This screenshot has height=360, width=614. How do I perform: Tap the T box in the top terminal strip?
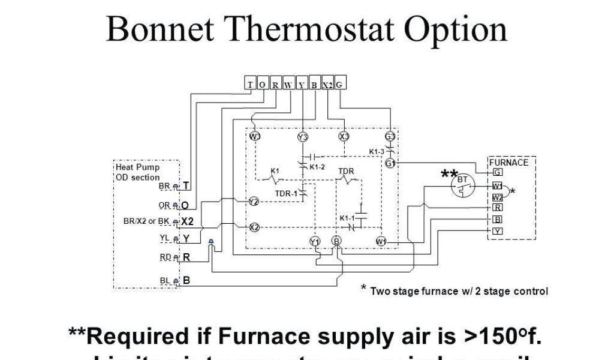point(249,85)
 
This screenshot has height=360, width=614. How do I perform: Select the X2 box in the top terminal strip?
point(327,85)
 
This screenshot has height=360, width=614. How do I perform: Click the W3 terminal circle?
point(255,136)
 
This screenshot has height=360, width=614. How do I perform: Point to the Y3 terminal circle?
point(302,137)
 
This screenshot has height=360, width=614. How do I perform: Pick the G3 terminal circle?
point(390,136)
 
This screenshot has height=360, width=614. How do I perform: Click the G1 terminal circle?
point(390,163)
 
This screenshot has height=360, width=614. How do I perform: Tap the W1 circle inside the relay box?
point(381,241)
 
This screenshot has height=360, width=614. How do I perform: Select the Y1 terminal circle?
point(315,241)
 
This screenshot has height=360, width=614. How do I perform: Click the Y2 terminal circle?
point(254,202)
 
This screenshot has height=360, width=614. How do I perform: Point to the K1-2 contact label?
point(317,166)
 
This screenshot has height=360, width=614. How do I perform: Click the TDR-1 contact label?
point(286,193)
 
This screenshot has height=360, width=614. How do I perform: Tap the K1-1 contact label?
point(347,217)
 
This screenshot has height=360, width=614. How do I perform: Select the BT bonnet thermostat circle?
point(462,185)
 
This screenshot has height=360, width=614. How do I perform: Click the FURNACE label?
point(508,163)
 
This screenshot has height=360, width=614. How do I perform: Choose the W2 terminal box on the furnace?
point(497,197)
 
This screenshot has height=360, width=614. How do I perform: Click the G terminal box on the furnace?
point(497,172)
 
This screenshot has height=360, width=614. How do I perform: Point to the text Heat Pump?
point(138,167)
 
